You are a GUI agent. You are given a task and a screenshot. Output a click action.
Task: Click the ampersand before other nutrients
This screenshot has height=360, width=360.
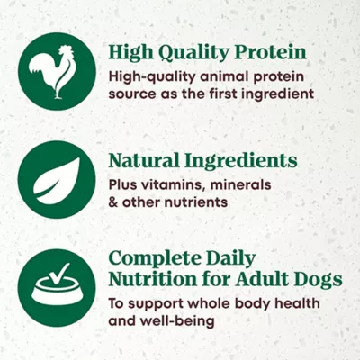pyautogui.click(x=113, y=202)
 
